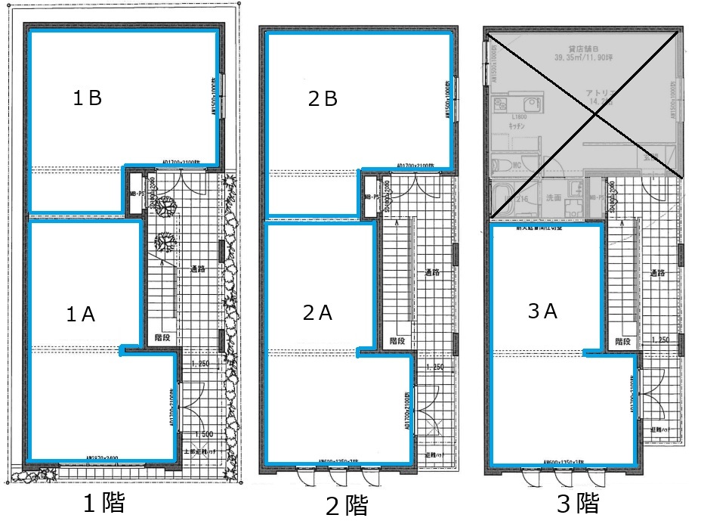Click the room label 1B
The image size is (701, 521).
87,98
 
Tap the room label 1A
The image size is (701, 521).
80,315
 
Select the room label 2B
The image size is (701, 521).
323,99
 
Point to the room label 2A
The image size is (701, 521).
318,312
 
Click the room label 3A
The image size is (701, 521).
542,311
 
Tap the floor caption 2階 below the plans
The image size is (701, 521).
345,504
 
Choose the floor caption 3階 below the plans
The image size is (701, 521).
577,502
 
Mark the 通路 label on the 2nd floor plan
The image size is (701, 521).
433,272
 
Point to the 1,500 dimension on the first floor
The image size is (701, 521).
202,434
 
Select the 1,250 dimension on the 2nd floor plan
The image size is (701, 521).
434,367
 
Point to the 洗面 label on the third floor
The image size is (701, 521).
553,198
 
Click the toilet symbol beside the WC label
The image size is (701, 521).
501,165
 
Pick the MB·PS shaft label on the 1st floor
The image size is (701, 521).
136,194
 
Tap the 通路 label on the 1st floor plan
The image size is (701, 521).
199,269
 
